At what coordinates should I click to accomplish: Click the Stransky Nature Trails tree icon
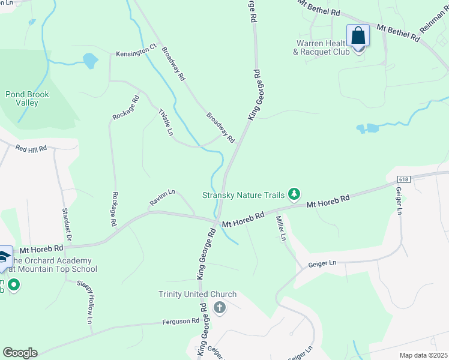click(294, 194)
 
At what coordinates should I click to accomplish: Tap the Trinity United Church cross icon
click(220, 308)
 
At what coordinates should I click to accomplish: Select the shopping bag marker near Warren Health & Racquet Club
click(358, 36)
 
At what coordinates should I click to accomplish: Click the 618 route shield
click(403, 179)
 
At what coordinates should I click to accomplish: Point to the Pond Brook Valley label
click(28, 98)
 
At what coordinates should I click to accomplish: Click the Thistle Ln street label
click(165, 122)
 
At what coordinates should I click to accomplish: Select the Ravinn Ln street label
click(162, 199)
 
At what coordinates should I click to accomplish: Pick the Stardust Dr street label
click(67, 225)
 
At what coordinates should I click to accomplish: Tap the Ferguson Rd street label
click(181, 322)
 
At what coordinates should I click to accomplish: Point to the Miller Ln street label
click(280, 229)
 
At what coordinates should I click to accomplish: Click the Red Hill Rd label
click(31, 148)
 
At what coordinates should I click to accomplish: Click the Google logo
click(20, 353)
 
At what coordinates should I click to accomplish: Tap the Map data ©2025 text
click(423, 355)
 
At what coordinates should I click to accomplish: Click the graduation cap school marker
click(4, 257)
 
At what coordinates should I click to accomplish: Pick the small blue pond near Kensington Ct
click(90, 60)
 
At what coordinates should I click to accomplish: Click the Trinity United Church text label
click(197, 294)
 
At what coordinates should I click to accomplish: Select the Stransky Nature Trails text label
click(244, 194)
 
